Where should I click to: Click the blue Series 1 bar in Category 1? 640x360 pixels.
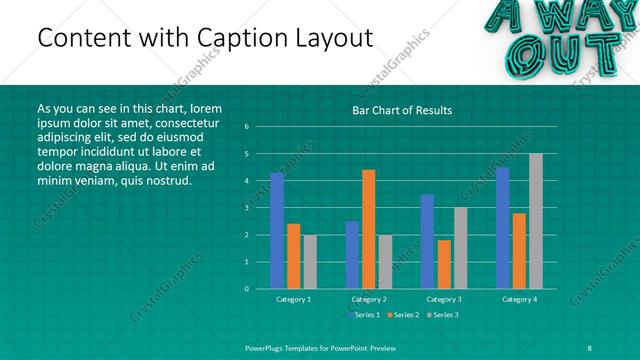277,231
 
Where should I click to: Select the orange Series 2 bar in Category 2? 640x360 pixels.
369,229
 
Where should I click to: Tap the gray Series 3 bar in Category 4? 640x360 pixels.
536,221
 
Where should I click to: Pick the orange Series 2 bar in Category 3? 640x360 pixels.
444,264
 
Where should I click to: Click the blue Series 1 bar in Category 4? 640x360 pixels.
503,228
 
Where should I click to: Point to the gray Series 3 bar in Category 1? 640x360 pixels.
310,262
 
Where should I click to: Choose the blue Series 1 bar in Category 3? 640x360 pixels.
427,241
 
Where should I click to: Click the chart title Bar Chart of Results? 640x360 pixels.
402,110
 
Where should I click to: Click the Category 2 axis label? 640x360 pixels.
369,299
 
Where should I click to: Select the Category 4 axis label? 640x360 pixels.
519,299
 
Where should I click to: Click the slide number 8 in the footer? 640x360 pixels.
590,346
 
